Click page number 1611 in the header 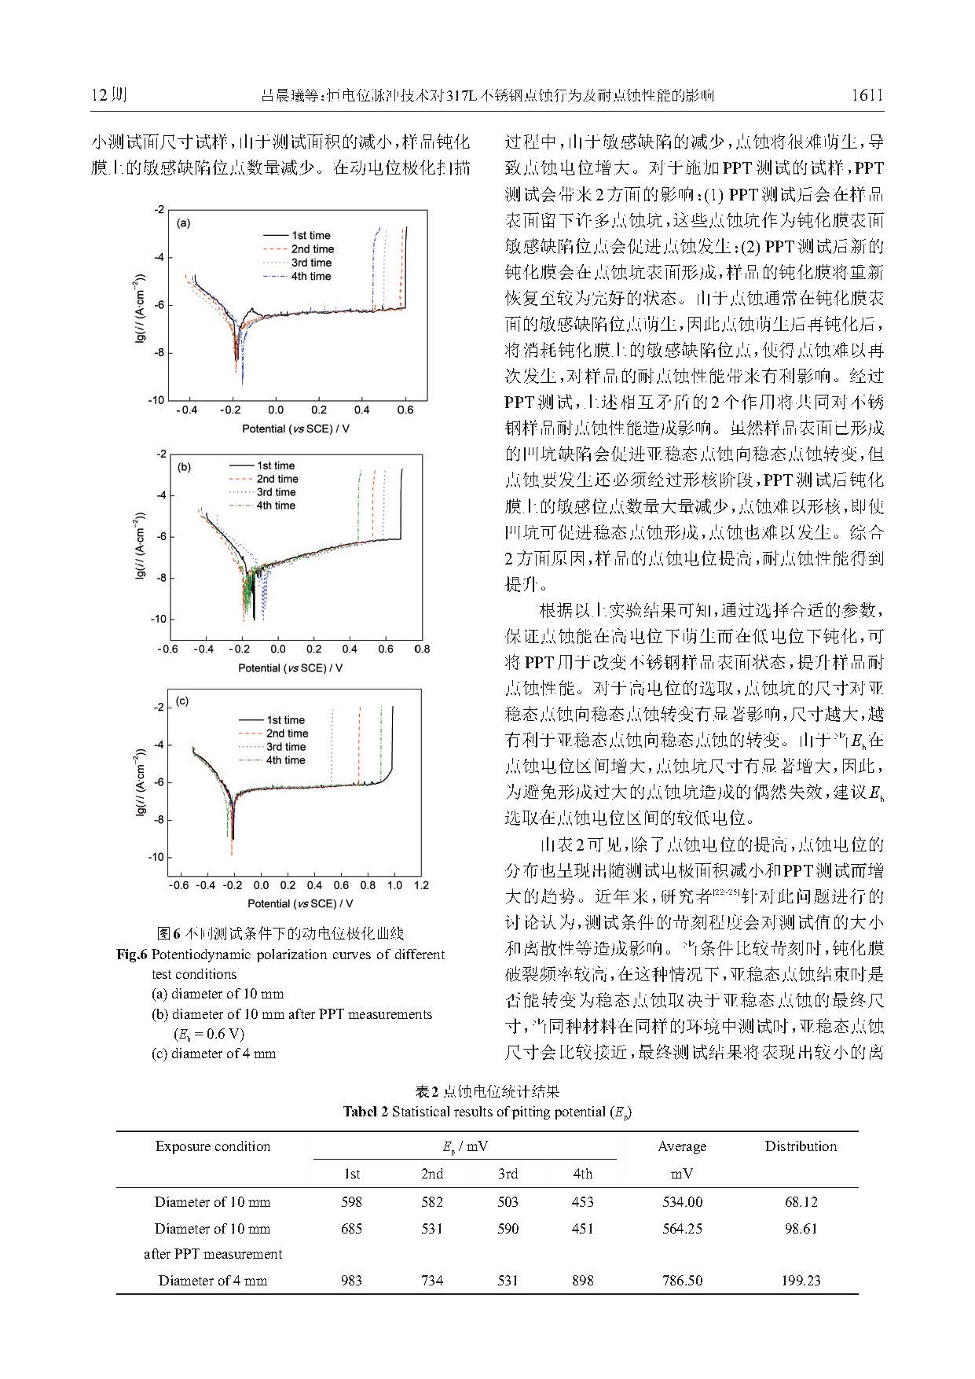click(x=867, y=96)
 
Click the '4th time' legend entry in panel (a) click(x=311, y=277)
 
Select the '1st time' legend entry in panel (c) click(x=285, y=720)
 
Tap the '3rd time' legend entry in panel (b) click(x=276, y=492)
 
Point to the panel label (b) click(x=184, y=467)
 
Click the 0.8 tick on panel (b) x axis click(x=422, y=649)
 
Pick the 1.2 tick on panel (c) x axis click(x=421, y=885)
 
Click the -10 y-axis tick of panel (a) click(x=157, y=400)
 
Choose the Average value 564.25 click(x=682, y=1228)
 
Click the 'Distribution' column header click(x=801, y=1146)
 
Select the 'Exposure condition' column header click(x=213, y=1146)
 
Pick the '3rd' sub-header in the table click(x=508, y=1174)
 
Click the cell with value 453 click(x=582, y=1201)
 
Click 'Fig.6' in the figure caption click(x=132, y=954)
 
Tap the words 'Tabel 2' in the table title click(x=365, y=1112)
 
